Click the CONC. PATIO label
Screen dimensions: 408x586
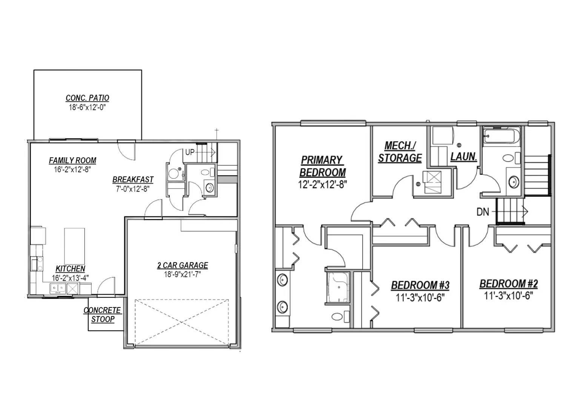point(88,98)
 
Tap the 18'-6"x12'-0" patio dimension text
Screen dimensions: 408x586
point(87,107)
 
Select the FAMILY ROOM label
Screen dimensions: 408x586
point(72,161)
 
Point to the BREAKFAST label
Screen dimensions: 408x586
point(133,180)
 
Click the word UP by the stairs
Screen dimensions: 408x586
point(190,153)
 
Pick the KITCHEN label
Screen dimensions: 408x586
point(70,269)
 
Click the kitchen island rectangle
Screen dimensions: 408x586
point(74,246)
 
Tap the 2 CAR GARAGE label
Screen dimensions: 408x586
point(182,266)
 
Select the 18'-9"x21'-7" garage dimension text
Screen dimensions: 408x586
point(182,274)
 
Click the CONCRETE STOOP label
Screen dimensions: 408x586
point(103,315)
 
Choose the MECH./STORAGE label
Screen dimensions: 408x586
point(400,152)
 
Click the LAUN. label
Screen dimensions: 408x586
point(464,156)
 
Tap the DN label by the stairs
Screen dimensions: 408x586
point(483,212)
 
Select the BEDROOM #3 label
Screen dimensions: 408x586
point(420,285)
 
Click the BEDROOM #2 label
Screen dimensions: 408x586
point(509,284)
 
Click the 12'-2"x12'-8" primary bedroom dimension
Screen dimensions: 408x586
point(322,185)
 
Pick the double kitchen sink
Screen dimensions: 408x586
point(58,288)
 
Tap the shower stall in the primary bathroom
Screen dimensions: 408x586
point(338,287)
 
